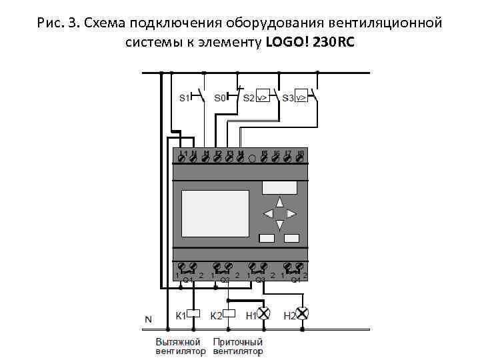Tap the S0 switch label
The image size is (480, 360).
(x=220, y=97)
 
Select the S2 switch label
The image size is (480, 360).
(x=248, y=97)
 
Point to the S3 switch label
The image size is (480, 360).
(x=287, y=97)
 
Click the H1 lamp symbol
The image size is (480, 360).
(x=264, y=313)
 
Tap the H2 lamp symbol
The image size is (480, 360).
(x=302, y=313)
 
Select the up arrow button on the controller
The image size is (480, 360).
(x=280, y=201)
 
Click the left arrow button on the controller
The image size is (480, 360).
(x=268, y=213)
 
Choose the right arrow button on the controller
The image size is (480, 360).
(x=291, y=213)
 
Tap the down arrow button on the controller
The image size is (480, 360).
(x=280, y=225)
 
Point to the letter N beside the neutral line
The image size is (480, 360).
(x=148, y=320)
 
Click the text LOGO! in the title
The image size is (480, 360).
(x=289, y=43)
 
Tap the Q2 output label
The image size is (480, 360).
(x=225, y=280)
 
